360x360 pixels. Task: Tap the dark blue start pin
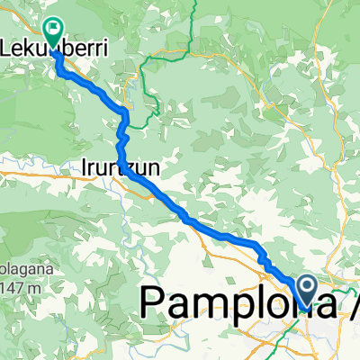[x=306, y=290]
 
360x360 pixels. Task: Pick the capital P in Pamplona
[x=155, y=301]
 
